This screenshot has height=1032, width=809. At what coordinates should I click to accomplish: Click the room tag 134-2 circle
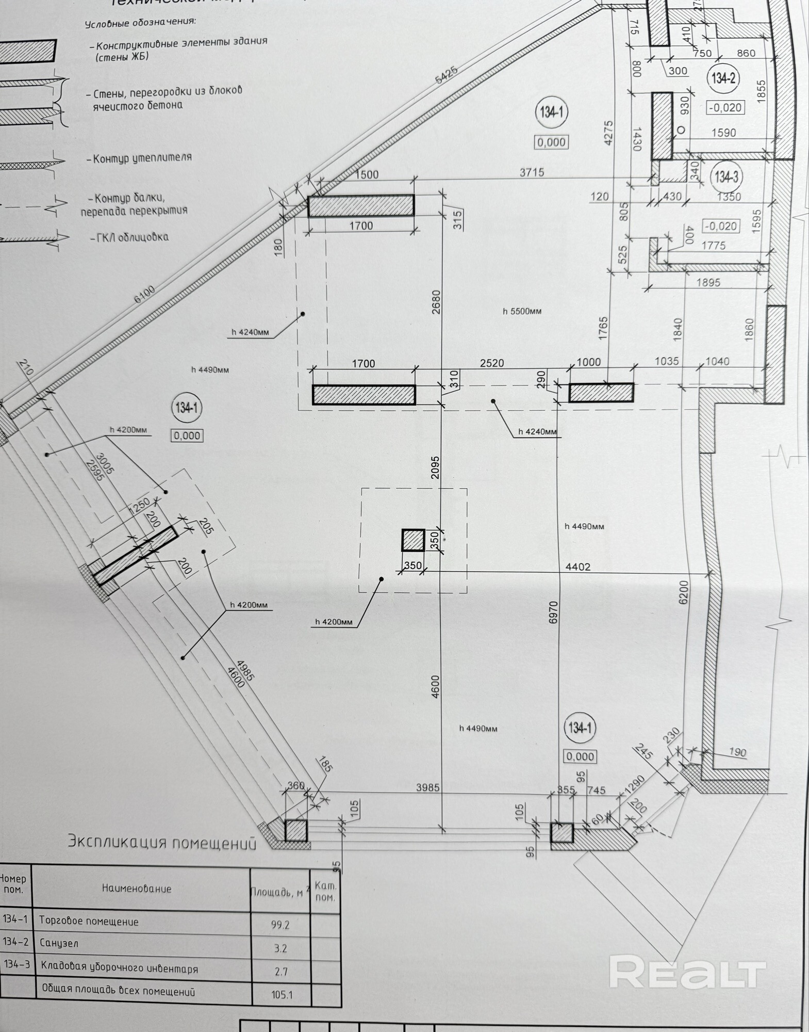[724, 79]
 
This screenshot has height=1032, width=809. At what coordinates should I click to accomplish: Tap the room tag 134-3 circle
[727, 177]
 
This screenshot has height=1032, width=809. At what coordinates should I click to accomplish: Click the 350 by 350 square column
[413, 540]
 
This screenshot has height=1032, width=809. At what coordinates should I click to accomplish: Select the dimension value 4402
[577, 567]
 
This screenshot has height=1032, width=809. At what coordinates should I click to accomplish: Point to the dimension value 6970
[554, 612]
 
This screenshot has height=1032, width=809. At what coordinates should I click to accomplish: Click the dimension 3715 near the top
[532, 172]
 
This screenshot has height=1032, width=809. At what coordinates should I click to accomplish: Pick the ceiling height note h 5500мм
[522, 311]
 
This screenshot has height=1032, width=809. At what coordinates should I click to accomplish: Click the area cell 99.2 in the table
[280, 925]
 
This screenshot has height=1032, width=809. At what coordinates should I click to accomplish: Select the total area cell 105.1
[282, 994]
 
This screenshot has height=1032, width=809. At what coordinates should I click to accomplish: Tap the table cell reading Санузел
[59, 944]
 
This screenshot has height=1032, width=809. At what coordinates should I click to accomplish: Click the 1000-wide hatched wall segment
[601, 393]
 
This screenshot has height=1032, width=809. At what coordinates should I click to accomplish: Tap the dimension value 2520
[491, 363]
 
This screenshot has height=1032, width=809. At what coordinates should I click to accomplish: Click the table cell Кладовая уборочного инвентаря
[119, 969]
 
